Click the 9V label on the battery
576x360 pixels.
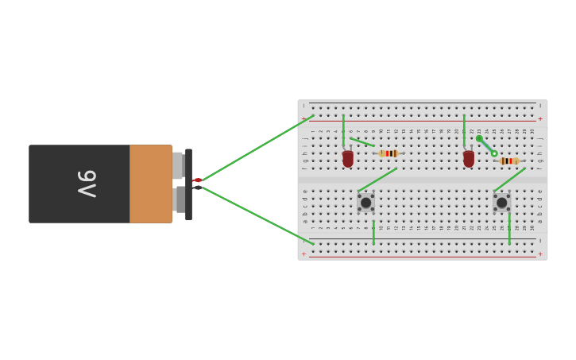pyautogui.click(x=87, y=184)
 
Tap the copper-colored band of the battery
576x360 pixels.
pyautogui.click(x=151, y=184)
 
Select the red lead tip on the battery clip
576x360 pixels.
pyautogui.click(x=197, y=180)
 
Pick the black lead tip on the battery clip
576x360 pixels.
pyautogui.click(x=197, y=188)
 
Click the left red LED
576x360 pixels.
pyautogui.click(x=348, y=159)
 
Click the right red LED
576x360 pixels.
pyautogui.click(x=469, y=159)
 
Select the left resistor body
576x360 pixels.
pyautogui.click(x=389, y=153)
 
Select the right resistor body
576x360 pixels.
pyautogui.click(x=509, y=161)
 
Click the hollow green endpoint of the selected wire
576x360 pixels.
pyautogui.click(x=494, y=153)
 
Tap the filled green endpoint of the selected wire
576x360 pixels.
pyautogui.click(x=479, y=138)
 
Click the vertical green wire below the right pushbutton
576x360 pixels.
pyautogui.click(x=509, y=228)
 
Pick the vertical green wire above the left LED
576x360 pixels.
pyautogui.click(x=343, y=130)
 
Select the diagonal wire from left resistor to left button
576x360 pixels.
pyautogui.click(x=377, y=180)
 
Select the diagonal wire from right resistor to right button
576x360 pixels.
pyautogui.click(x=509, y=180)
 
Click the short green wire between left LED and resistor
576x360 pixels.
pyautogui.click(x=362, y=142)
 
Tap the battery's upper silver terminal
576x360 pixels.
pyautogui.click(x=178, y=165)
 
